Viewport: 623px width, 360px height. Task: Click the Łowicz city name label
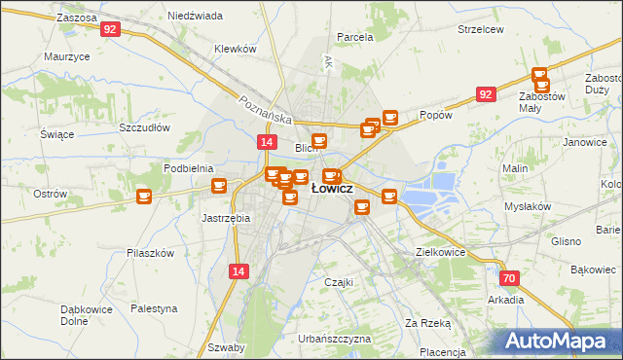(332, 189)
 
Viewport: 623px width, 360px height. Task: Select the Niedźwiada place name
(195, 17)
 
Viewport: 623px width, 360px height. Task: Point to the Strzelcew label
(481, 29)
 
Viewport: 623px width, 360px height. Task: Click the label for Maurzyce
(67, 56)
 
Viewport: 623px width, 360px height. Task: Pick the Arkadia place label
(506, 300)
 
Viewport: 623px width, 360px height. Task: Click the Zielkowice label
(441, 251)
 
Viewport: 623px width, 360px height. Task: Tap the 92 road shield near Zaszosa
(110, 29)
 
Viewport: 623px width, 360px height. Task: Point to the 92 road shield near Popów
(486, 93)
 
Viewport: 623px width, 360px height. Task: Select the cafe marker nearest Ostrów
(144, 197)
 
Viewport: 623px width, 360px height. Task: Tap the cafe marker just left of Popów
(390, 118)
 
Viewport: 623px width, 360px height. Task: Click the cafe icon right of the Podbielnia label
(219, 185)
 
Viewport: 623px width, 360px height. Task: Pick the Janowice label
(584, 142)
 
